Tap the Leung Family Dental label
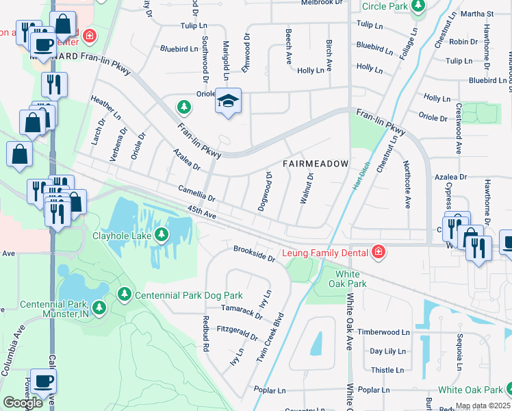324,253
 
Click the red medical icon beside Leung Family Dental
377,253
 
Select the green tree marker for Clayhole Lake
162,236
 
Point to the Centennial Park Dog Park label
189,295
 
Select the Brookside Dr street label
254,253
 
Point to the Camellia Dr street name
196,193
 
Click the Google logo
23,403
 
